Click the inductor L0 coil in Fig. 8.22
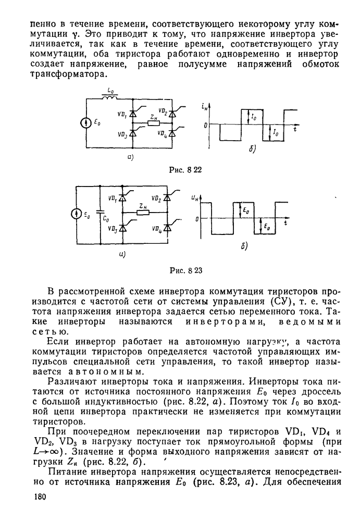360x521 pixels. pyautogui.click(x=110, y=97)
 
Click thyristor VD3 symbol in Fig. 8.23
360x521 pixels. pyautogui.click(x=123, y=228)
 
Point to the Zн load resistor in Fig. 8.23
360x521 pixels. pyautogui.click(x=144, y=213)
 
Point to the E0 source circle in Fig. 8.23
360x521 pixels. pyautogui.click(x=76, y=214)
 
